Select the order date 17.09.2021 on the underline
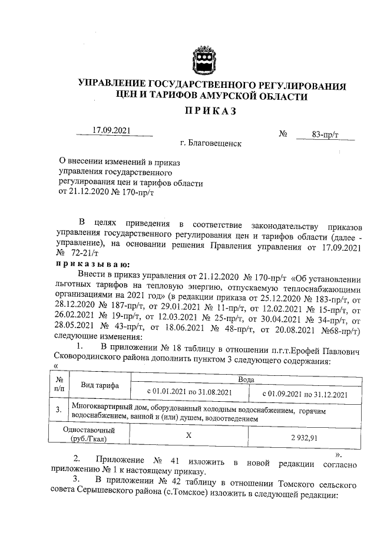[114, 130]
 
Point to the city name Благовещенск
[211, 143]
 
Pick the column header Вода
[246, 381]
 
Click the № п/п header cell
[59, 386]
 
